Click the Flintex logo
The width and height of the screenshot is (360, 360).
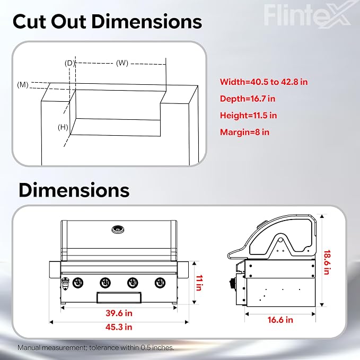point(307,14)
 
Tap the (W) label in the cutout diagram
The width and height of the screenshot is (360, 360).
point(122,63)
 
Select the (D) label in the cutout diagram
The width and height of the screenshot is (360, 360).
point(69,63)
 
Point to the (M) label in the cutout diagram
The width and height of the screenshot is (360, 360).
point(23,85)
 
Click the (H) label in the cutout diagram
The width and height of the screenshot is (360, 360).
point(63,127)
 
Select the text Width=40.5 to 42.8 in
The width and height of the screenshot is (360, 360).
point(264,82)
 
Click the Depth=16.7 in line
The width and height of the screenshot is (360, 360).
point(248,99)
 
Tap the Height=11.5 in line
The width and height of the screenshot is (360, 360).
point(249,115)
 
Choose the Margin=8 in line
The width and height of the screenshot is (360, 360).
point(244,132)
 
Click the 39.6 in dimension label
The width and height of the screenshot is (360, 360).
point(119,313)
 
